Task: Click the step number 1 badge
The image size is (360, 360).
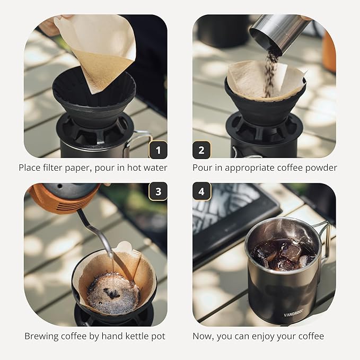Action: (x=158, y=150)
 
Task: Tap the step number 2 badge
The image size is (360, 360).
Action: (x=201, y=150)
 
